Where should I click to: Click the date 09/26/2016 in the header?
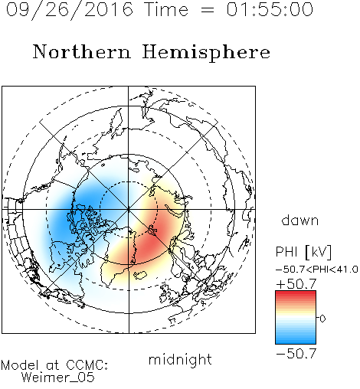pos(70,10)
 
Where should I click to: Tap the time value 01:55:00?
pos(270,9)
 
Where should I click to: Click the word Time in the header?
pos(166,9)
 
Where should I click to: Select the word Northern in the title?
pos(82,51)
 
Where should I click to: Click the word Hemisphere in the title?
pos(206,53)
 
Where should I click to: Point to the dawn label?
pos(300,220)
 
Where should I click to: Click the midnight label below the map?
pos(180,359)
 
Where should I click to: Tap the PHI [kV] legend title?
pos(303,252)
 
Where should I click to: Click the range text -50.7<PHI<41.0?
pos(317,270)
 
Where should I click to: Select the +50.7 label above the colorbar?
pos(296,284)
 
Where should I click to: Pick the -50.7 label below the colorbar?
pos(296,354)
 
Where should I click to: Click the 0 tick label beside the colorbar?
pos(322,319)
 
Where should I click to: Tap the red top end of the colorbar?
pos(296,293)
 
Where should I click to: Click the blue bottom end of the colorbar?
pos(296,342)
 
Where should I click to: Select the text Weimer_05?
pos(57,378)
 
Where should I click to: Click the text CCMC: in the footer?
pos(87,365)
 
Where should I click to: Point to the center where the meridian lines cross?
pos(129,209)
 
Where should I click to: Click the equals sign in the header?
pos(208,10)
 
